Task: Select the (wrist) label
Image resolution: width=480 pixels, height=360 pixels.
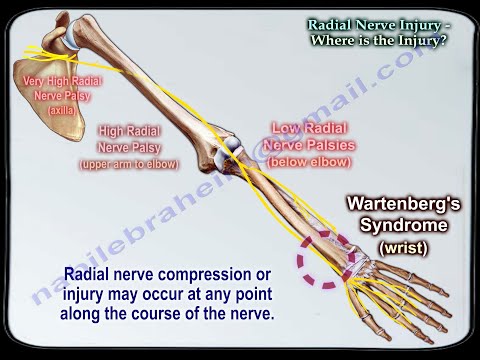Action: [403, 247]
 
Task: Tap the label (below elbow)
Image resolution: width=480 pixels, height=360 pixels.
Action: [309, 159]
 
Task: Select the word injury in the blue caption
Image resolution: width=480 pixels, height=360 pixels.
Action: [84, 293]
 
